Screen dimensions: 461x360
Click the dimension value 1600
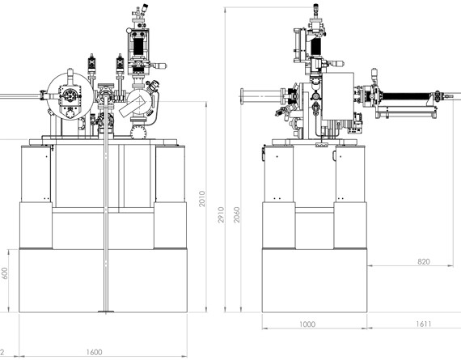pos(94,352)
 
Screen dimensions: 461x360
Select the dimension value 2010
pos(202,199)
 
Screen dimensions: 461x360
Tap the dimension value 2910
pos(221,214)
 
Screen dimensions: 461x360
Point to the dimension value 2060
pos(237,214)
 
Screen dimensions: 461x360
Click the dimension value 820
pos(423,261)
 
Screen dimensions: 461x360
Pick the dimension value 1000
pos(307,324)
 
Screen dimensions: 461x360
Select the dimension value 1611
pos(423,324)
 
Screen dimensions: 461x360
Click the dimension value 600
pos(4,273)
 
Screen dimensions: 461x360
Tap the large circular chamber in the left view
pos(70,96)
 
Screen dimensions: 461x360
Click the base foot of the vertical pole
pos(106,311)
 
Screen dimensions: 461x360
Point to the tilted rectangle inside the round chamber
pos(134,106)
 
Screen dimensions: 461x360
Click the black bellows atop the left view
pos(138,46)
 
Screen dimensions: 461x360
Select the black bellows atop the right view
pos(315,46)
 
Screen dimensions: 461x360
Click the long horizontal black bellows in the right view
pos(406,96)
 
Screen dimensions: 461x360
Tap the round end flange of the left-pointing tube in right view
pos(242,96)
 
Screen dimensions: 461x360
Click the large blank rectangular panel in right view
pos(338,96)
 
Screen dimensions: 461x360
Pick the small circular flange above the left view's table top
pos(138,132)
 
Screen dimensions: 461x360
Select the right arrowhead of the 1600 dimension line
pos(184,356)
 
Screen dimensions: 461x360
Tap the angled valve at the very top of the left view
pos(144,8)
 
